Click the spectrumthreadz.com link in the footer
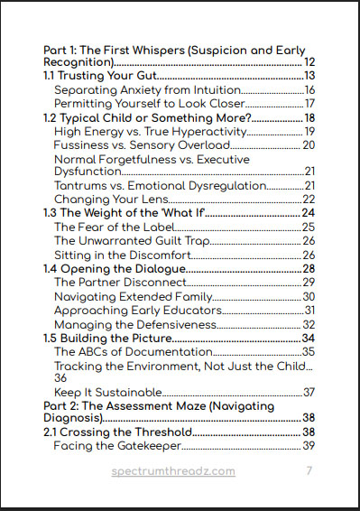click(x=173, y=471)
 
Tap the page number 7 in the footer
click(x=309, y=471)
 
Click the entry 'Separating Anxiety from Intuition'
click(x=147, y=89)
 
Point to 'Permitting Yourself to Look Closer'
click(x=149, y=103)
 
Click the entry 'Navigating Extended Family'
click(x=131, y=296)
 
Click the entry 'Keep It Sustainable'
click(x=107, y=392)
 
